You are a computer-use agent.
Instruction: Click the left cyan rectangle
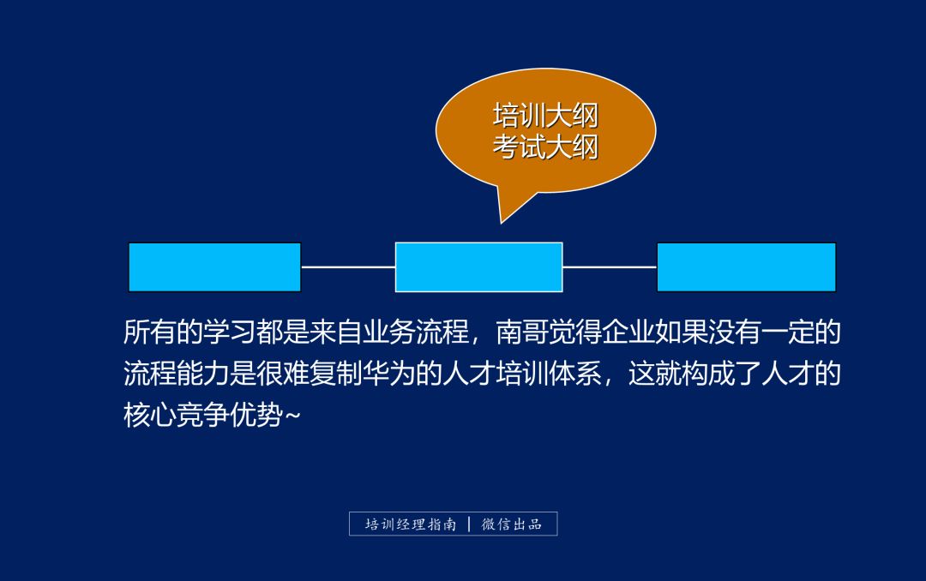pyautogui.click(x=214, y=267)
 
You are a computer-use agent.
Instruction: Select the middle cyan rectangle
pyautogui.click(x=478, y=267)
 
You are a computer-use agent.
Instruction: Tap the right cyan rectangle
pyautogui.click(x=746, y=267)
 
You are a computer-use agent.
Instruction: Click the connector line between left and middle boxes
pyautogui.click(x=348, y=267)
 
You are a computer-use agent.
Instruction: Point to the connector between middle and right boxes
pyautogui.click(x=610, y=267)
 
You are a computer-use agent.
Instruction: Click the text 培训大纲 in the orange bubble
pyautogui.click(x=545, y=115)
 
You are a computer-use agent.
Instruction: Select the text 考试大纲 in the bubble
pyautogui.click(x=545, y=147)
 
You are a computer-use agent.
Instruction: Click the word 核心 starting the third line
pyautogui.click(x=150, y=416)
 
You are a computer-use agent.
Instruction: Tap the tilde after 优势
pyautogui.click(x=292, y=417)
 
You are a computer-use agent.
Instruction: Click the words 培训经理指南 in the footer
pyautogui.click(x=411, y=524)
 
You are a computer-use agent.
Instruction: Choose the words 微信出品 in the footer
pyautogui.click(x=512, y=524)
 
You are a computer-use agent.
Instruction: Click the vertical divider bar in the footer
pyautogui.click(x=469, y=524)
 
